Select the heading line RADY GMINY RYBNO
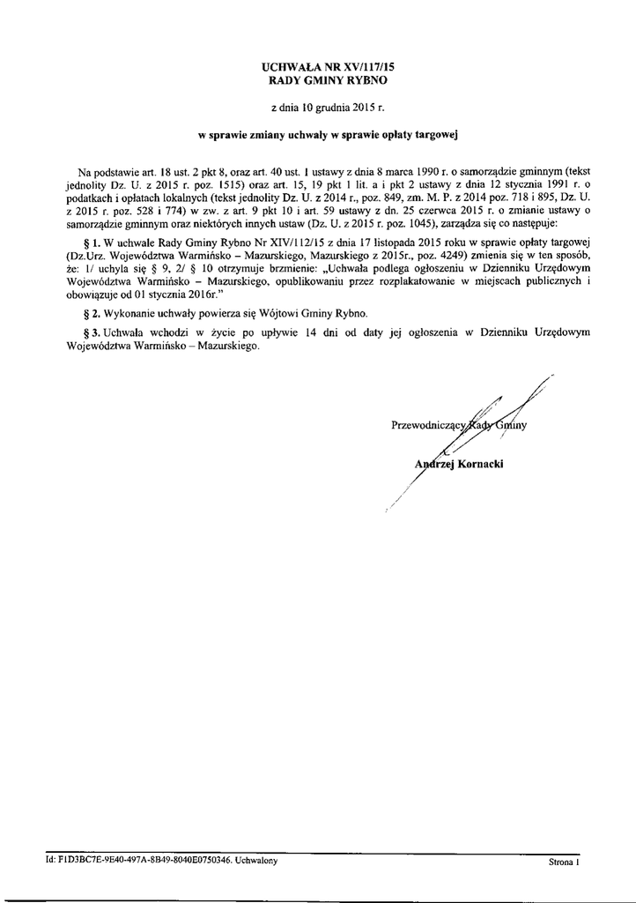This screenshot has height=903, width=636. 318,79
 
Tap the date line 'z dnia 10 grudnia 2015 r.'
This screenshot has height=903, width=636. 318,109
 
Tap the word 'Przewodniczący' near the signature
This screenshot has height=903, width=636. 426,428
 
